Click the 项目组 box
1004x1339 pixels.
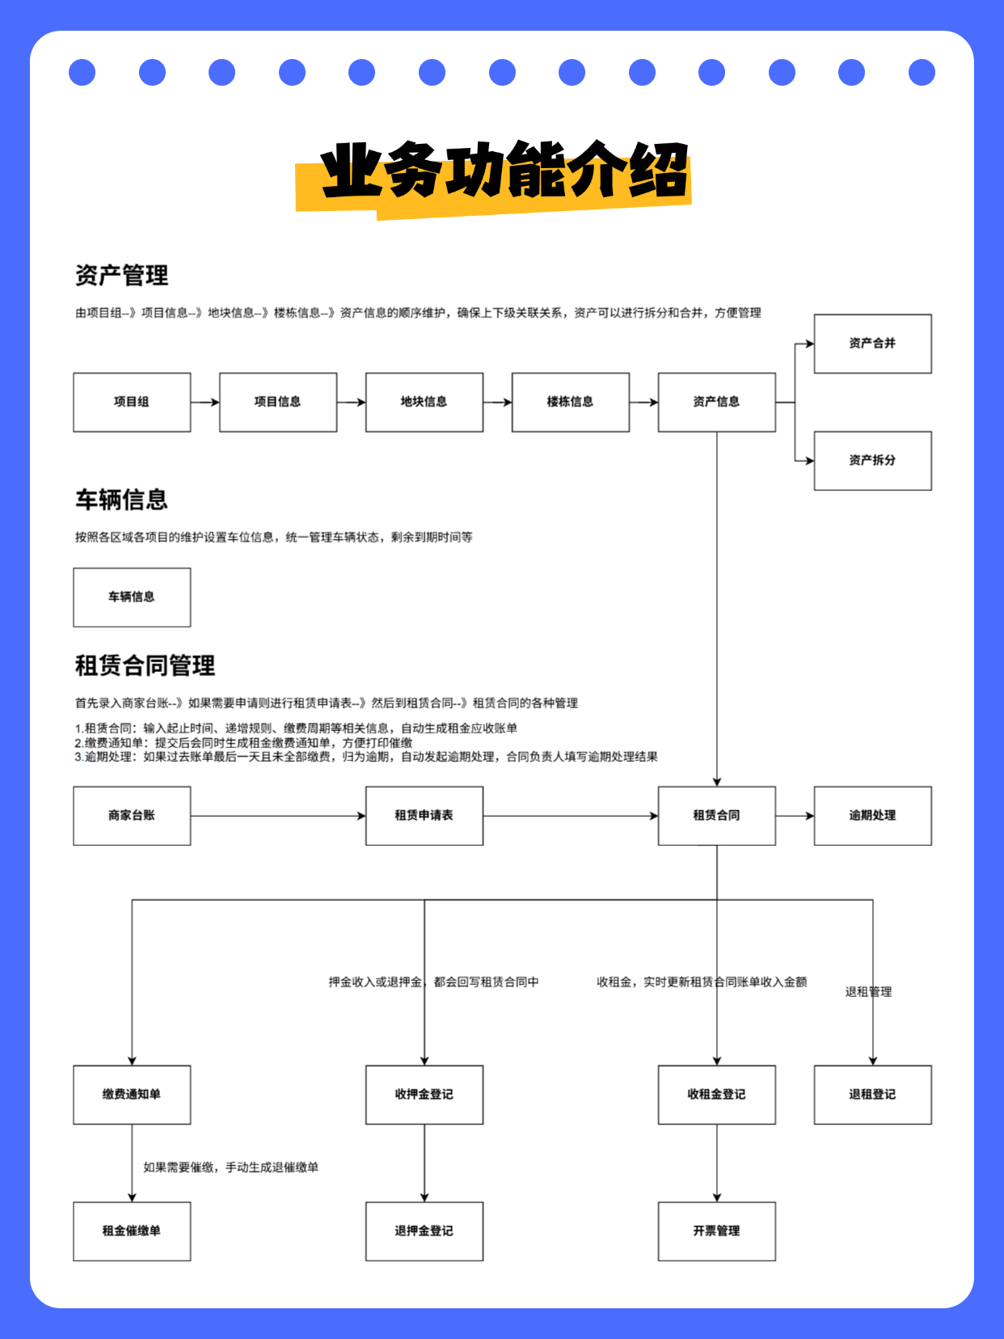(132, 402)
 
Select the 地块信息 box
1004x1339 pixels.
(424, 402)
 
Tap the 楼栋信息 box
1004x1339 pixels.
(570, 402)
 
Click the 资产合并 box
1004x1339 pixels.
(872, 344)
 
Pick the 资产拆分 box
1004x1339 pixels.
(872, 460)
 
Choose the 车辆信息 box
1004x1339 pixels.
(132, 597)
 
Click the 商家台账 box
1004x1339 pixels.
(132, 816)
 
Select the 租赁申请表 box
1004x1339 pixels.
(424, 816)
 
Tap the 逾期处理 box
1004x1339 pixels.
(872, 816)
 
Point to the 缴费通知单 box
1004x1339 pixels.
(132, 1094)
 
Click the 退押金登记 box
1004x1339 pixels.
(424, 1231)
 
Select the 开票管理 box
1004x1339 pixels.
(716, 1231)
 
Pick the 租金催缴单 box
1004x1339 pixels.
(132, 1231)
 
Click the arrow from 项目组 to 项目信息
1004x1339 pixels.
(205, 402)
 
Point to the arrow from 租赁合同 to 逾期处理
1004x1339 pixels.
(795, 816)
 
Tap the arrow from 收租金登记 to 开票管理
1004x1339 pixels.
(716, 1163)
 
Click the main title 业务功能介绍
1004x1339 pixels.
(504, 171)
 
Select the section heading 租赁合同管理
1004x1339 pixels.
(145, 665)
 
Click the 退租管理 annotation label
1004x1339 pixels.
(868, 991)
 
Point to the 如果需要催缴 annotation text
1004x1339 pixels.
(230, 1167)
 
